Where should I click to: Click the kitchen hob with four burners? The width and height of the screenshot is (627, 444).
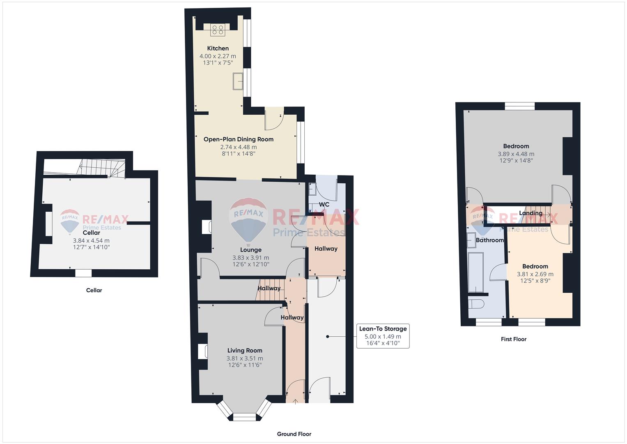click(x=218, y=30)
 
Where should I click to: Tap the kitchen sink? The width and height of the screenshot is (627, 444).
click(x=238, y=81)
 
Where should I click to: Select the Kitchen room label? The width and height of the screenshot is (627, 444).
click(x=218, y=48)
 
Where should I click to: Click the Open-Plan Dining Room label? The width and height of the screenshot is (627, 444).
click(x=239, y=139)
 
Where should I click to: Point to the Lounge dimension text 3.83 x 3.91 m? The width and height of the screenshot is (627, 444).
click(x=251, y=258)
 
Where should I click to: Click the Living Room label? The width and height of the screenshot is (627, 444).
click(x=245, y=350)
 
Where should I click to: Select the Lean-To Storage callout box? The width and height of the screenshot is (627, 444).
click(x=383, y=336)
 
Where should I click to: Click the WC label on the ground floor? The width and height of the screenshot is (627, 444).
click(x=324, y=204)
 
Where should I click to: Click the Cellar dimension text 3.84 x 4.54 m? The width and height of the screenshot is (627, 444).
click(x=91, y=240)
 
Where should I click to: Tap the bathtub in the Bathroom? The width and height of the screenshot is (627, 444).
click(x=475, y=272)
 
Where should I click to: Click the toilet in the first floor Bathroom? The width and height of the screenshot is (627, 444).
click(x=476, y=304)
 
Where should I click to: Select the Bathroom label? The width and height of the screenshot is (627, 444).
click(x=490, y=240)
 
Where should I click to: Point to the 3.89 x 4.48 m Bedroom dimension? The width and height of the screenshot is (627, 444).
click(x=516, y=154)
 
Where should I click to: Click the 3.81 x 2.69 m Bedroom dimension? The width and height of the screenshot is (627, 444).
click(x=535, y=274)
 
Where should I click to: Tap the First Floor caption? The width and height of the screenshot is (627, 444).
click(x=514, y=339)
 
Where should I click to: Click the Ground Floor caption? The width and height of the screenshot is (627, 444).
click(x=294, y=434)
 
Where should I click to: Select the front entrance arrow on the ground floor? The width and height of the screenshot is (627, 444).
click(x=295, y=402)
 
